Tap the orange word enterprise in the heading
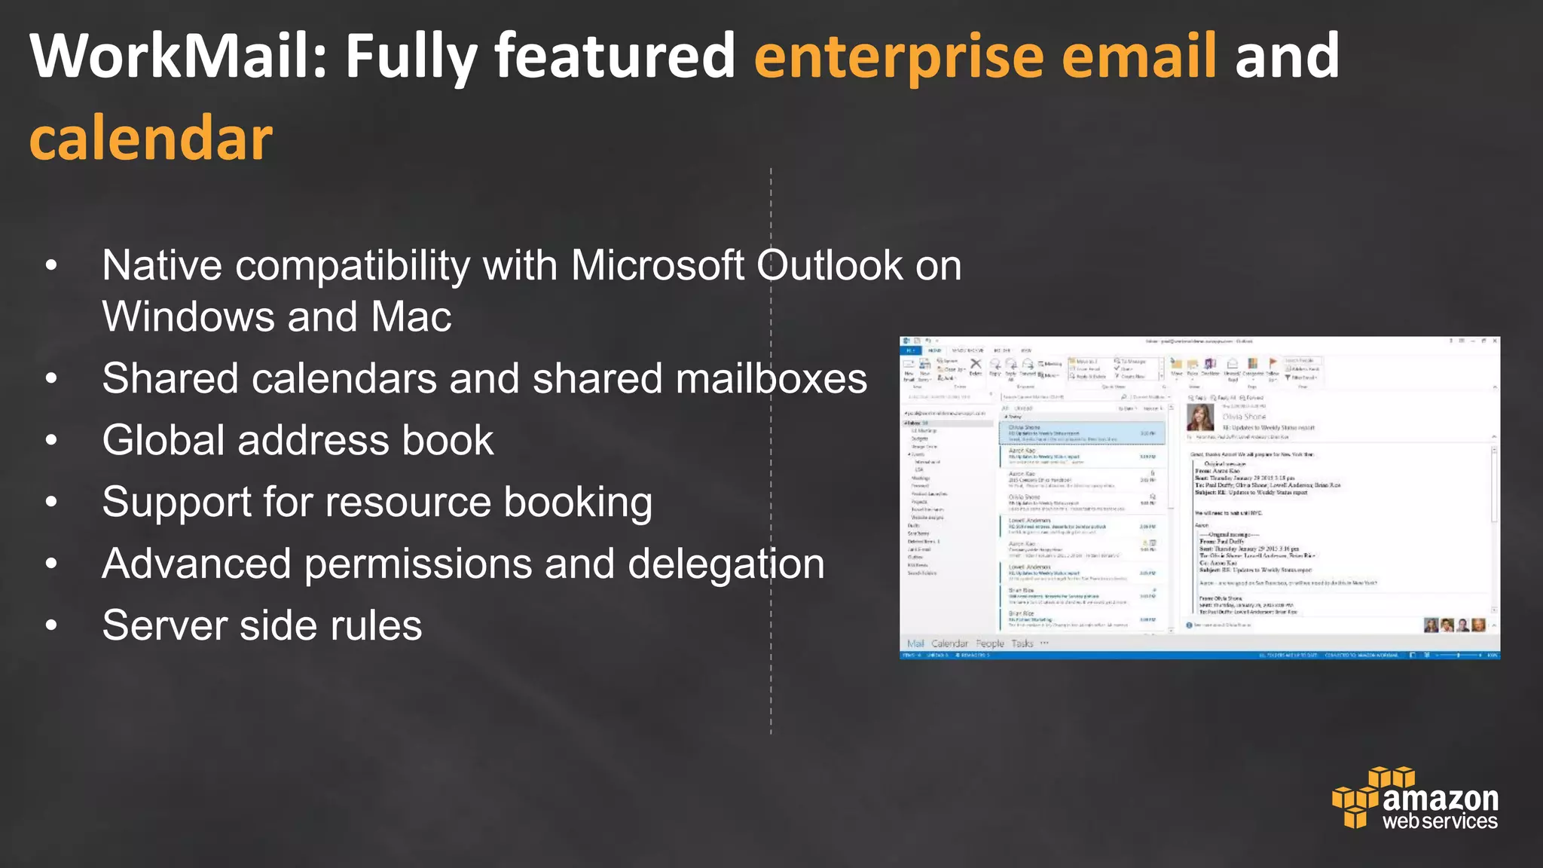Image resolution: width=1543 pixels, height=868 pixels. (x=898, y=56)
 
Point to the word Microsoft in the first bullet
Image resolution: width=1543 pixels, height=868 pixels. (x=658, y=266)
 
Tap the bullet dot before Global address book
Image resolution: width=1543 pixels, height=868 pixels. (x=51, y=440)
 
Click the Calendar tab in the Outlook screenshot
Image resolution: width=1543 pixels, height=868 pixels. (x=949, y=643)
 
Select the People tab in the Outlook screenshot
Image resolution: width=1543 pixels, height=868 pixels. (x=990, y=643)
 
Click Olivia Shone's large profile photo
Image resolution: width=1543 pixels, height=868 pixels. (x=1200, y=417)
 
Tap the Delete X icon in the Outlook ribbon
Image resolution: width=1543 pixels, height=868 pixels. (x=976, y=365)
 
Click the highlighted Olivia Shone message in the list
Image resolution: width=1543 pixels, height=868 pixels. (x=1082, y=432)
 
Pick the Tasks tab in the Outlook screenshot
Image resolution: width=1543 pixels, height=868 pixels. (x=1022, y=643)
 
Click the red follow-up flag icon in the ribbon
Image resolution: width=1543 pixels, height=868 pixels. (x=1273, y=363)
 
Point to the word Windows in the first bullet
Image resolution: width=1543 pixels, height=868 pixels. (x=188, y=316)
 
